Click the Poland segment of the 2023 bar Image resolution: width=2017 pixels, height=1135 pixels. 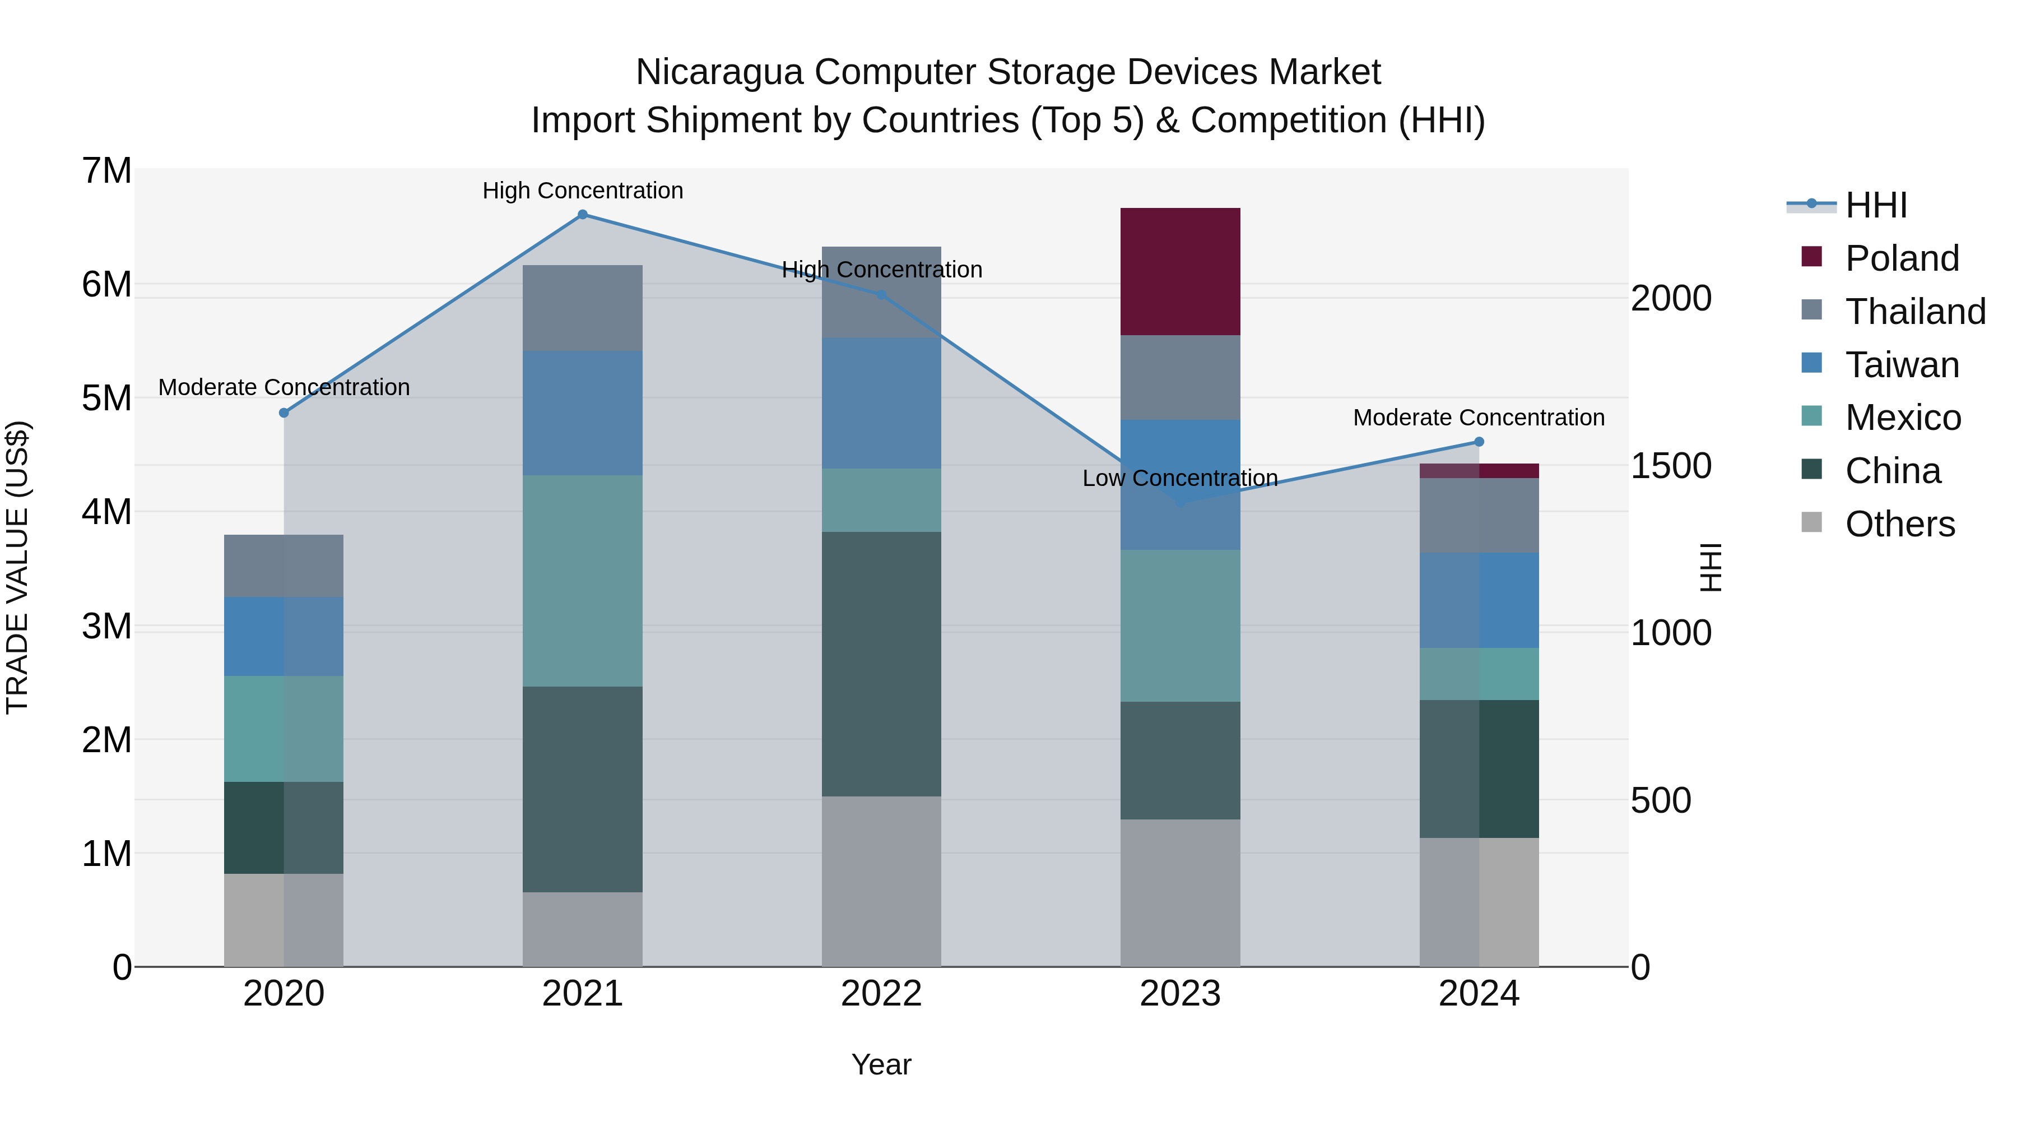(1180, 271)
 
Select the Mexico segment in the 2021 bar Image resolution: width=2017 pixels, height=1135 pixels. (583, 581)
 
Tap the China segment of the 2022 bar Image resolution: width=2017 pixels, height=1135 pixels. (881, 664)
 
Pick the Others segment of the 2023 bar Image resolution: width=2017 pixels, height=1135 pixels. (1180, 892)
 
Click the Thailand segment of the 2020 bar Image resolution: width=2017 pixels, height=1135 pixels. (284, 566)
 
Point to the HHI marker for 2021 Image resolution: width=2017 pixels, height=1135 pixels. (583, 215)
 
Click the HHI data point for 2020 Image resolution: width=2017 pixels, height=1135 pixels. (284, 413)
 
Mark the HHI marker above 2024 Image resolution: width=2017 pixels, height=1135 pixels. (1479, 442)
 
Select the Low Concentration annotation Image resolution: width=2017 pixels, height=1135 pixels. (1179, 478)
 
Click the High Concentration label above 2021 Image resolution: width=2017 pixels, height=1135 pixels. (583, 191)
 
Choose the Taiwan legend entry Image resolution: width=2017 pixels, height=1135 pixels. (1902, 365)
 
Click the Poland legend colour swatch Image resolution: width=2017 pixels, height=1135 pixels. (1811, 256)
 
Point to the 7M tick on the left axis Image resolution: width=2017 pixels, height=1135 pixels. (106, 171)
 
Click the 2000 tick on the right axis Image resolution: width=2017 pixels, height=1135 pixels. (1671, 298)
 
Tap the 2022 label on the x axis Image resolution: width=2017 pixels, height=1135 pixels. (881, 994)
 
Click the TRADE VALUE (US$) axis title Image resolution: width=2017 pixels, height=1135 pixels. (17, 567)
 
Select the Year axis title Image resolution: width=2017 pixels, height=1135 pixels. (881, 1064)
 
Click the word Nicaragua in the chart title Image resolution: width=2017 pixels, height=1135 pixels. (719, 72)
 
